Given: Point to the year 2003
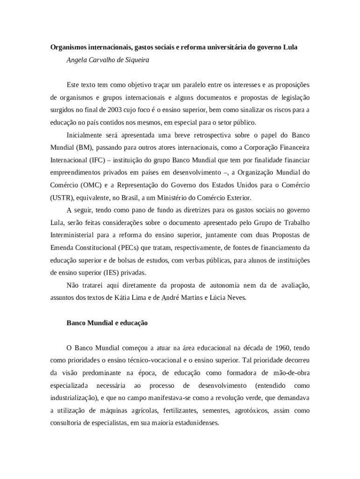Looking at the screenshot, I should point(115,110).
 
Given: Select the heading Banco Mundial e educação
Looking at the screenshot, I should point(107,323).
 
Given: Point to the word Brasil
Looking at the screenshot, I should point(135,197).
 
